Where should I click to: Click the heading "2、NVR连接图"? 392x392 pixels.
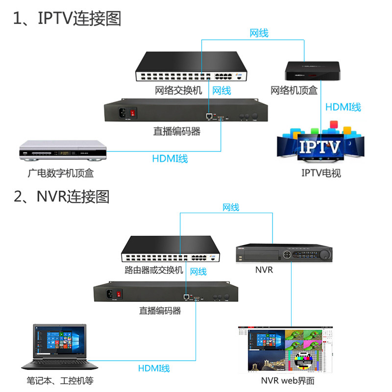point(61,196)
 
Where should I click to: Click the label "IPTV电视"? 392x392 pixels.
point(321,173)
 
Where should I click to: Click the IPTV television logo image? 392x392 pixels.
point(321,146)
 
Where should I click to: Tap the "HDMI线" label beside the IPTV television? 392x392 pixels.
point(343,107)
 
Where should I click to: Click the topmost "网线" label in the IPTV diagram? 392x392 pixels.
point(259,33)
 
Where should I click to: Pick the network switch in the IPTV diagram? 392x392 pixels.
point(192,68)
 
